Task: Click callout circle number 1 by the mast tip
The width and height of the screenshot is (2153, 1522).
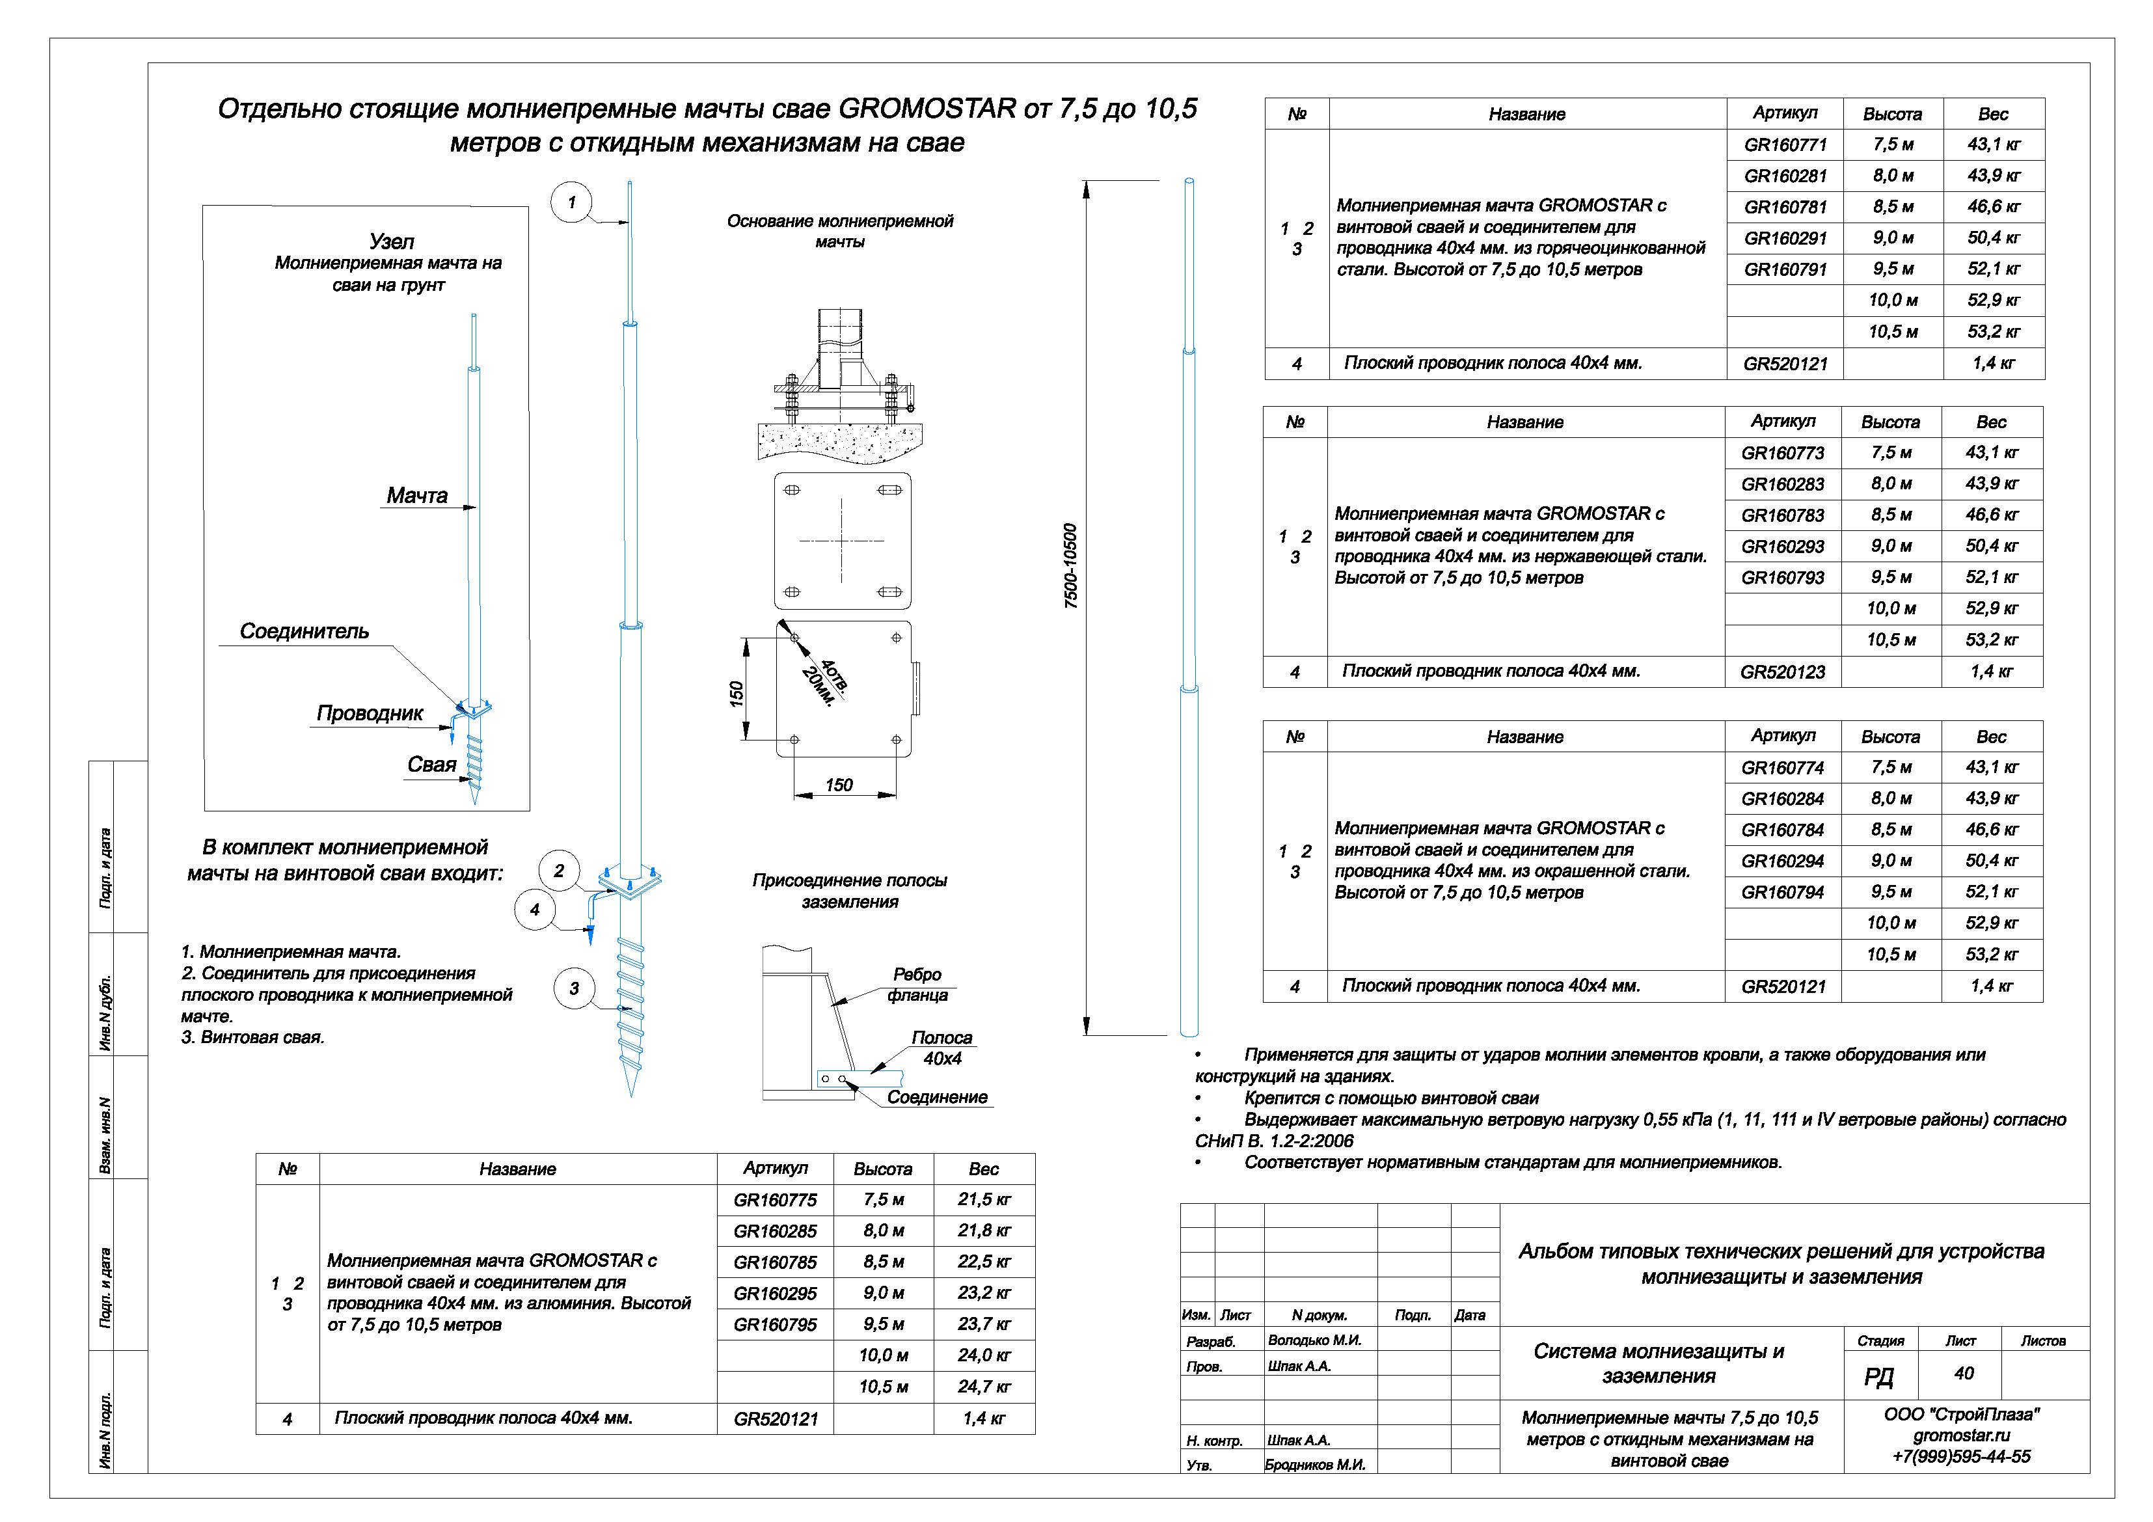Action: (571, 202)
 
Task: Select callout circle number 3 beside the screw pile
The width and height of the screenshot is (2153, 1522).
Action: (574, 988)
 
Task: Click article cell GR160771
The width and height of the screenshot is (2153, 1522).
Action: (1785, 144)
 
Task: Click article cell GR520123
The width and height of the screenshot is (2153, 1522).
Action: (1783, 672)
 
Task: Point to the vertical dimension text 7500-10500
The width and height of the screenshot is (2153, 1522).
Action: (1071, 566)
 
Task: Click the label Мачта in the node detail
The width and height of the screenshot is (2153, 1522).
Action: (417, 495)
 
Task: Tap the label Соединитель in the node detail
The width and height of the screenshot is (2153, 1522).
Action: (304, 631)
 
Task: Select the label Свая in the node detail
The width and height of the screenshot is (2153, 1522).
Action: (431, 765)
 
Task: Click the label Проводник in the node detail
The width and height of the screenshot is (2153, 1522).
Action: (370, 713)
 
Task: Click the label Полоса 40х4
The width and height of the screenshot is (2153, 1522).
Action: (941, 1048)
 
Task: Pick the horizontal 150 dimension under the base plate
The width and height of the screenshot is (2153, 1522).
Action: (838, 785)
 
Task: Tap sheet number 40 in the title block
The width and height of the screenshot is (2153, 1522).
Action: (1964, 1374)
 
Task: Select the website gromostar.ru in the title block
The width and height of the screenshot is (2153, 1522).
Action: (1961, 1435)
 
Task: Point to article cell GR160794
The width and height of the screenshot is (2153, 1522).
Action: (1783, 892)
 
